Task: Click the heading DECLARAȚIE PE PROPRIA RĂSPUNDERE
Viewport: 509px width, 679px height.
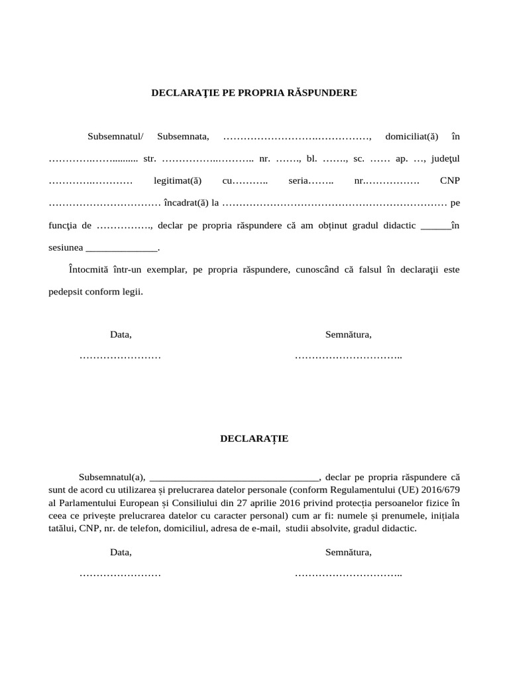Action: (x=254, y=93)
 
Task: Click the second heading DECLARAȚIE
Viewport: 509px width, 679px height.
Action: (x=254, y=439)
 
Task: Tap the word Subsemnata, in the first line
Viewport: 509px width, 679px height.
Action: (x=184, y=137)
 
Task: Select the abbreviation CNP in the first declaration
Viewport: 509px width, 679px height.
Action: (x=449, y=181)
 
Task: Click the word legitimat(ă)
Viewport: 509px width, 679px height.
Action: (x=177, y=181)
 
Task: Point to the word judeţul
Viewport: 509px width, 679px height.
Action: (x=445, y=159)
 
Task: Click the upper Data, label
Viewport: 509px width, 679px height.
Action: (x=121, y=335)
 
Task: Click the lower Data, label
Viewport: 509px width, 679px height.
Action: (x=121, y=552)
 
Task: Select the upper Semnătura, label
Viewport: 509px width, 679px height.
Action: (x=348, y=335)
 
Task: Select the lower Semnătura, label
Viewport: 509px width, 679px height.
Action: (x=348, y=552)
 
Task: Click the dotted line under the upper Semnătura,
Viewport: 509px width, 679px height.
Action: (x=348, y=357)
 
